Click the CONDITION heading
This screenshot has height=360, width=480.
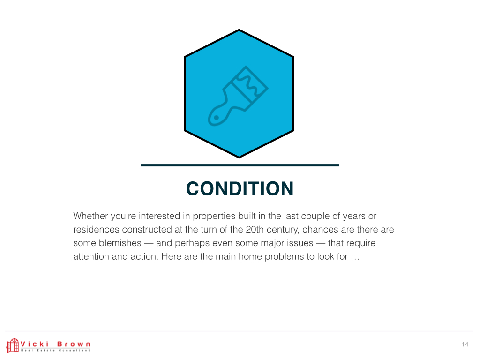240,188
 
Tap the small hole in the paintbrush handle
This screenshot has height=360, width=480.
216,118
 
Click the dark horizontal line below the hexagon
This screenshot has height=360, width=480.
240,165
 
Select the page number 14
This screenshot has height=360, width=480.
465,345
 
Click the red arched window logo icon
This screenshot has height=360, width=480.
13,345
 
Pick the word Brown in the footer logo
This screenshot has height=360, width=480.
74,344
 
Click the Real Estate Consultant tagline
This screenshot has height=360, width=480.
55,350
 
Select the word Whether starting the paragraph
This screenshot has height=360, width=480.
90,216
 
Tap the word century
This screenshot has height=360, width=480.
283,230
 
